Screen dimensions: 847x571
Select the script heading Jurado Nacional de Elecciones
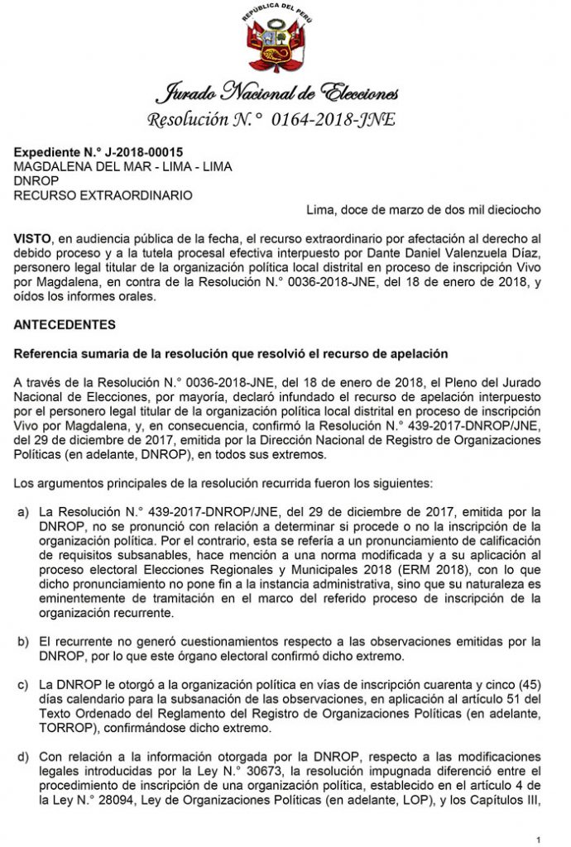tap(284, 93)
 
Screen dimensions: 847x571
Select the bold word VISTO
tap(31, 237)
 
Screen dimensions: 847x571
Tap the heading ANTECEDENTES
tap(65, 324)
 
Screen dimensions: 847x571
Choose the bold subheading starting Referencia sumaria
tap(231, 354)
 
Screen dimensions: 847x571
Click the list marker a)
tap(24, 512)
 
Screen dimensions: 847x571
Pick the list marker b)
tap(24, 641)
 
